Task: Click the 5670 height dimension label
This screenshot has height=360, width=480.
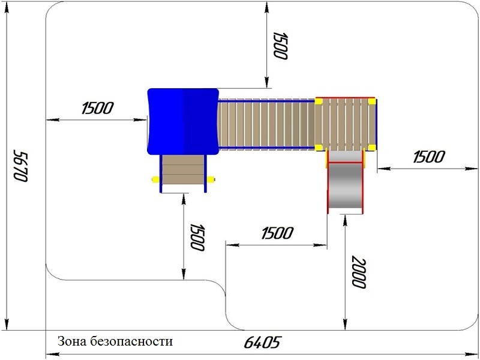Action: pos(20,166)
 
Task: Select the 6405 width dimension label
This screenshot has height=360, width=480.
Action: pos(262,343)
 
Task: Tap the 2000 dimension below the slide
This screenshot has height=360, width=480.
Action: pos(358,272)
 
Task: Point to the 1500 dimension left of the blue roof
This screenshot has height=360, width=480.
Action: pos(98,108)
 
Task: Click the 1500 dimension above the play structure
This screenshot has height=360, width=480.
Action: pos(280,46)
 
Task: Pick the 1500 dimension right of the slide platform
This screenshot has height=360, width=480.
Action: pos(429,157)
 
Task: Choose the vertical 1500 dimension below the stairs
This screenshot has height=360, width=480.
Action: pos(197,237)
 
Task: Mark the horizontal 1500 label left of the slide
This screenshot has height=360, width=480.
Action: pos(278,233)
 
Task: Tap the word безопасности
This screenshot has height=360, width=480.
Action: pos(131,341)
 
